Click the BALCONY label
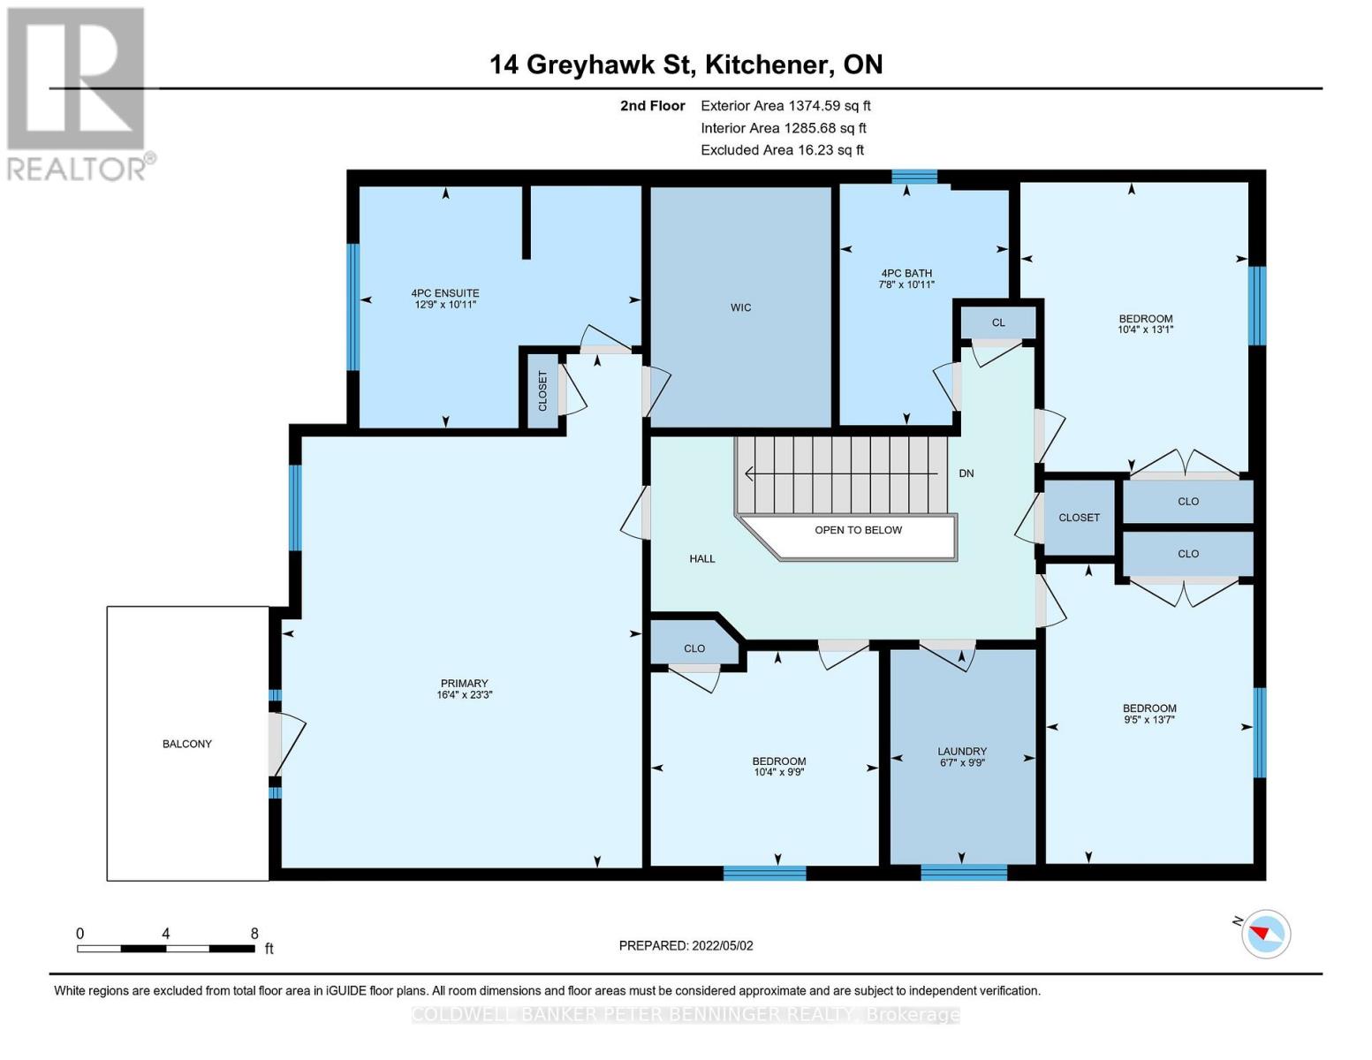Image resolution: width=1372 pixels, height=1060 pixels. point(187,744)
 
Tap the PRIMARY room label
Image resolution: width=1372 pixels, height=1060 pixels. point(464,683)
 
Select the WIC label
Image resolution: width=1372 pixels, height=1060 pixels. point(740,307)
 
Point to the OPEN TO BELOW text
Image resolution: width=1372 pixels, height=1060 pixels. point(858,530)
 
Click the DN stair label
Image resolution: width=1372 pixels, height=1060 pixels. point(966,473)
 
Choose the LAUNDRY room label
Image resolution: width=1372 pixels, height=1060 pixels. point(961,752)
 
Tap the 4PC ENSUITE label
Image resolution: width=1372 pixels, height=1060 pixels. point(445,293)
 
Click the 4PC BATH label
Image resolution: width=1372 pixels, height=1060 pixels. point(906,273)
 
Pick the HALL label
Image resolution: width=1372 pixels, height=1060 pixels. point(702,559)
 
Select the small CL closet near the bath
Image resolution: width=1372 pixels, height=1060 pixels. point(998,322)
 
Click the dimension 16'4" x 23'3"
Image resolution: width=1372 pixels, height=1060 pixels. point(464,694)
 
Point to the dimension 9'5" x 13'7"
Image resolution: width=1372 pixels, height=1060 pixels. point(1149,719)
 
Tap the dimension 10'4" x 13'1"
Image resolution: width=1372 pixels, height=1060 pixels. point(1145,329)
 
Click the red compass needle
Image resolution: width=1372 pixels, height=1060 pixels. point(1260,932)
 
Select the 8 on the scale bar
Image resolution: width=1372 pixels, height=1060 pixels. point(254,934)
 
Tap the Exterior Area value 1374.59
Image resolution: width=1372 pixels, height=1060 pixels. point(811,106)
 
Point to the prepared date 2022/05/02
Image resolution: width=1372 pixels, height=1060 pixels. point(723,946)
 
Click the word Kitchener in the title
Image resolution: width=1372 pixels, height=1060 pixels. point(767,64)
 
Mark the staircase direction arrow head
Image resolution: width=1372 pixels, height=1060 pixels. point(750,473)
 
